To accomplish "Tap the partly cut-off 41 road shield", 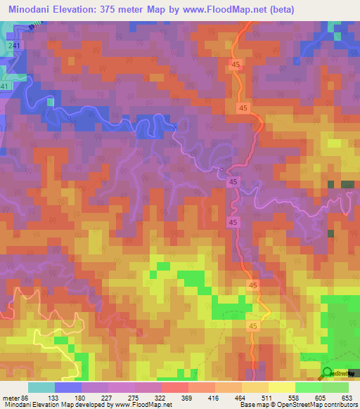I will (4, 86).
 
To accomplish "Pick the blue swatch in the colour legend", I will (67, 387).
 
